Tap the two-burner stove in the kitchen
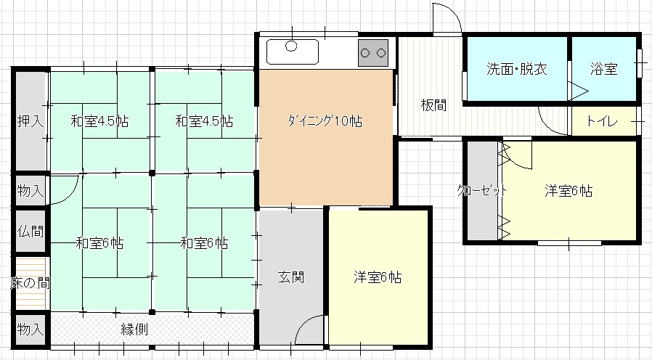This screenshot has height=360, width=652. (x=373, y=52)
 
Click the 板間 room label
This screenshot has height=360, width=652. (x=433, y=105)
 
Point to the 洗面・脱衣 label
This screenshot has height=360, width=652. (x=516, y=70)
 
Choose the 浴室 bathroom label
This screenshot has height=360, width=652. (x=603, y=70)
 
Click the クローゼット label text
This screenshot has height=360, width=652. (x=481, y=191)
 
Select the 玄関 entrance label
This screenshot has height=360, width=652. (x=291, y=277)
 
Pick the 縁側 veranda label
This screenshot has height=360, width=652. (x=134, y=329)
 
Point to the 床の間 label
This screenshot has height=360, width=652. (x=30, y=282)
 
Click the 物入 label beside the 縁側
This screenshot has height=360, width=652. (x=30, y=329)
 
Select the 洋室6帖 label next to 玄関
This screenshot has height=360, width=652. (x=378, y=277)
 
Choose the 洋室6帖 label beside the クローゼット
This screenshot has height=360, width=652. (x=569, y=191)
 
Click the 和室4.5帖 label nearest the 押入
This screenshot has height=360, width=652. (x=99, y=121)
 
